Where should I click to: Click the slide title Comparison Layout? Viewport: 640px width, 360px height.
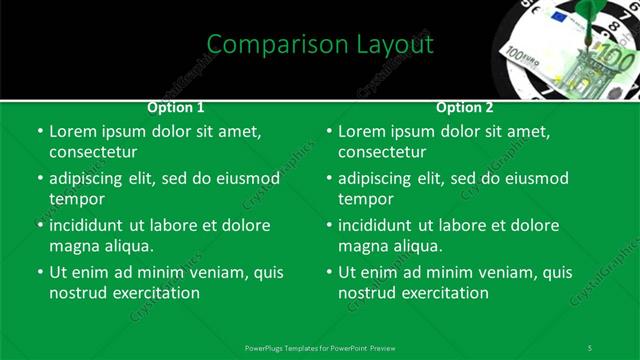pyautogui.click(x=320, y=44)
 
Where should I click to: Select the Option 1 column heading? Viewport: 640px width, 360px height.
pyautogui.click(x=176, y=107)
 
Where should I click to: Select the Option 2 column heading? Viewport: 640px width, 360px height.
pyautogui.click(x=465, y=107)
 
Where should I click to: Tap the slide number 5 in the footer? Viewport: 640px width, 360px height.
pyautogui.click(x=590, y=347)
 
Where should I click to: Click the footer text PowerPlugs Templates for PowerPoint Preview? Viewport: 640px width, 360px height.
pyautogui.click(x=320, y=347)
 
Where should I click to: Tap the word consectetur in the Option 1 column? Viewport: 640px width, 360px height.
pyautogui.click(x=93, y=152)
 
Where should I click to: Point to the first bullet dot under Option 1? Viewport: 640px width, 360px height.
pyautogui.click(x=40, y=131)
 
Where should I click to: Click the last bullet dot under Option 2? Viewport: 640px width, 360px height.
pyautogui.click(x=329, y=272)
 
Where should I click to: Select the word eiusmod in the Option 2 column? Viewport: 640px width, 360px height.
pyautogui.click(x=536, y=178)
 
